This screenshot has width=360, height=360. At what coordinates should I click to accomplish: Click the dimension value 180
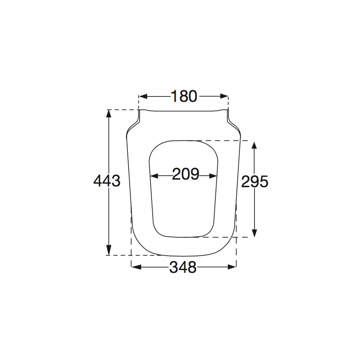tap(184, 96)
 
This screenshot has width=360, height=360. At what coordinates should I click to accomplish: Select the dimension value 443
tap(107, 181)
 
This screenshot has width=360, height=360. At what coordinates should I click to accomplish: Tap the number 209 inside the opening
tap(186, 175)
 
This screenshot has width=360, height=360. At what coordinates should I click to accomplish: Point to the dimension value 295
tap(255, 182)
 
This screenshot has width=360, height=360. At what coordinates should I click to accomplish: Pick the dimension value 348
tap(183, 267)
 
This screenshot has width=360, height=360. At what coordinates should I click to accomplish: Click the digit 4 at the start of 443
tap(98, 181)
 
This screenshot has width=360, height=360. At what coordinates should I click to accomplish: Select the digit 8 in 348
tap(192, 267)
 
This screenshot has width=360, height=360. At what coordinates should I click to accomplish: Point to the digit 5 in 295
tap(264, 182)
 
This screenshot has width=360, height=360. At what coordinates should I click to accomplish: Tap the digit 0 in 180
tap(193, 96)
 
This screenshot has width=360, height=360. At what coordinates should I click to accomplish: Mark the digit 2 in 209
tap(177, 175)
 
